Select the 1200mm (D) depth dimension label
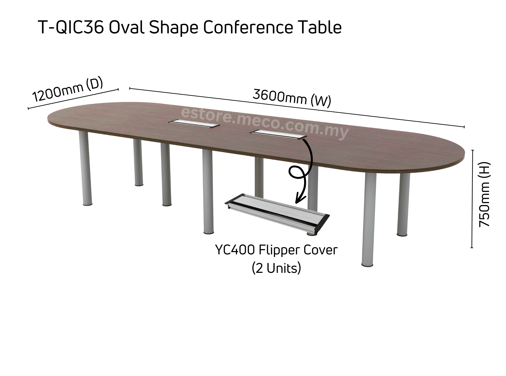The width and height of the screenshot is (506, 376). pyautogui.click(x=68, y=90)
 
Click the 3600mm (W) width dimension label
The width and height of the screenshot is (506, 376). pyautogui.click(x=292, y=98)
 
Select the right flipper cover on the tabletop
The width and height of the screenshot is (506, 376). pyautogui.click(x=278, y=134)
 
